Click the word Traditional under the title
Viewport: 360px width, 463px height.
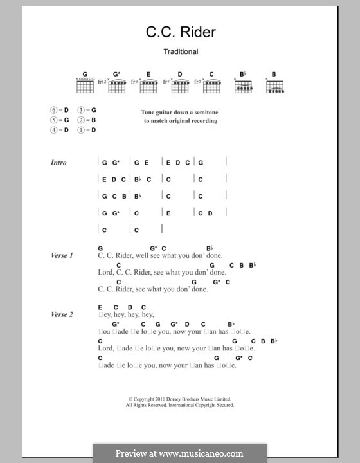[x=180, y=51]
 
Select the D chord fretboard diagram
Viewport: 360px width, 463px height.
[x=180, y=85]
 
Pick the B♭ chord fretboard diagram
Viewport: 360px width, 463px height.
[x=243, y=85]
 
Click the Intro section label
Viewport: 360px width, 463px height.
[x=59, y=163]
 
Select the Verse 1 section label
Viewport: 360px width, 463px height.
[x=62, y=255]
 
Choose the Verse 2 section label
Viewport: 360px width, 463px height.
[x=62, y=314]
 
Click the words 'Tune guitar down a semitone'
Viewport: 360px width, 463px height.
[x=179, y=112]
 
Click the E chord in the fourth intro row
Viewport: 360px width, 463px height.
[x=168, y=213]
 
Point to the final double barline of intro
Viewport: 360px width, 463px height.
[x=163, y=229]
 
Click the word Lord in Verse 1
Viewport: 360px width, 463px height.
[x=105, y=272]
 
